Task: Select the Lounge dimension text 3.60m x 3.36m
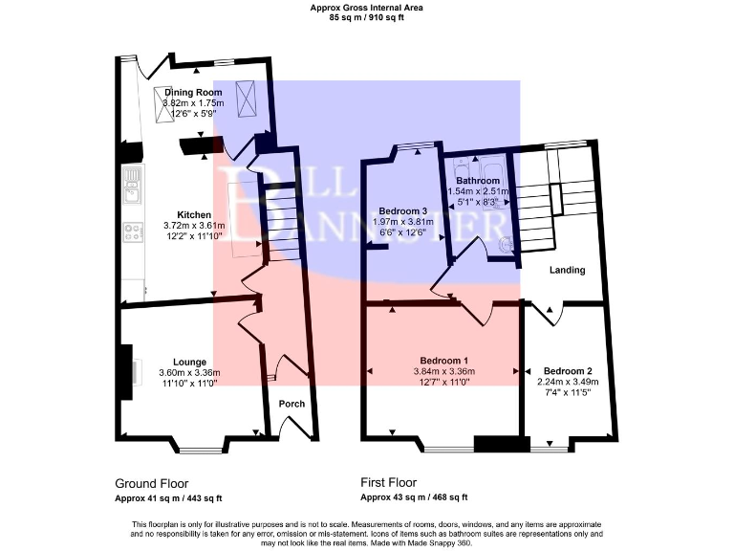pos(189,373)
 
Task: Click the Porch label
pos(291,404)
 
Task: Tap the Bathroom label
pos(477,181)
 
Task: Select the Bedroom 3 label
pos(402,210)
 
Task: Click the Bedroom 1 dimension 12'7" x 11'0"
pos(441,382)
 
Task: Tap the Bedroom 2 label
pos(568,370)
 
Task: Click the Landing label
pos(567,271)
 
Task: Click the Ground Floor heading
pos(152,483)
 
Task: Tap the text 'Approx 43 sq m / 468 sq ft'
pos(414,497)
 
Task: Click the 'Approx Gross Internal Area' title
pos(366,8)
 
